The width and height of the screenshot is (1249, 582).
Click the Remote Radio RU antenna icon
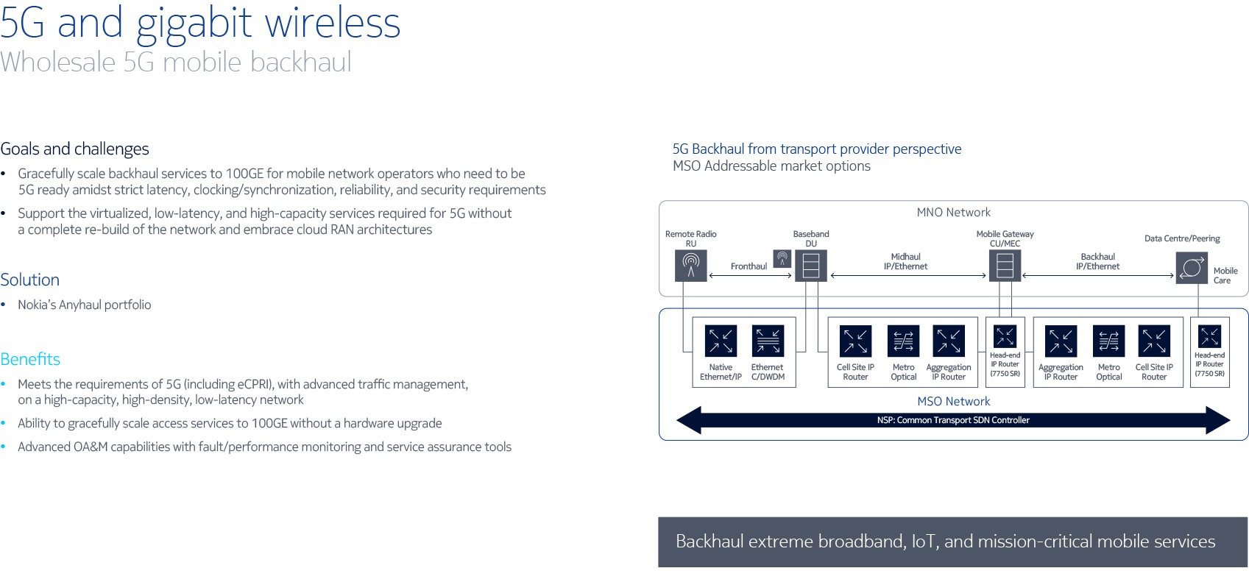(x=691, y=266)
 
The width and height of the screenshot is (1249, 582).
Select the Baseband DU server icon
(x=811, y=266)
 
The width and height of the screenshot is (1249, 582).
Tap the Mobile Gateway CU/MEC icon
(x=1005, y=266)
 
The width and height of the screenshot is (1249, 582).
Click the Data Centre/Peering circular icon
(x=1192, y=268)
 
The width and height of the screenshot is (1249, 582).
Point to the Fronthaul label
(x=749, y=266)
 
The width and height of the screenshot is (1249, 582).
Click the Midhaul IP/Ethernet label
(x=905, y=261)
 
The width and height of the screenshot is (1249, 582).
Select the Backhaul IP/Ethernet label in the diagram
(x=1098, y=261)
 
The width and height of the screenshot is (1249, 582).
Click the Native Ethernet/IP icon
(x=721, y=341)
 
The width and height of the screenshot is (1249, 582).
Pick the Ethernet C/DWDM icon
(x=768, y=341)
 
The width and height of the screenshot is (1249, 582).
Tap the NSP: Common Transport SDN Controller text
(x=953, y=420)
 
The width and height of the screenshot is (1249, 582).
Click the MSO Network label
(x=953, y=402)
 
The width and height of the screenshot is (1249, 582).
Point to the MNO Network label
(x=953, y=213)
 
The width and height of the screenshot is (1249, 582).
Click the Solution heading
(x=29, y=280)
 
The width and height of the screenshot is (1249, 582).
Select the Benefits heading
(x=30, y=359)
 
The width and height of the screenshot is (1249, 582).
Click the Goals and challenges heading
(x=75, y=149)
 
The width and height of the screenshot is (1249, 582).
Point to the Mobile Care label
(x=1225, y=275)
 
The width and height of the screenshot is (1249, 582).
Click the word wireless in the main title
(x=333, y=24)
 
